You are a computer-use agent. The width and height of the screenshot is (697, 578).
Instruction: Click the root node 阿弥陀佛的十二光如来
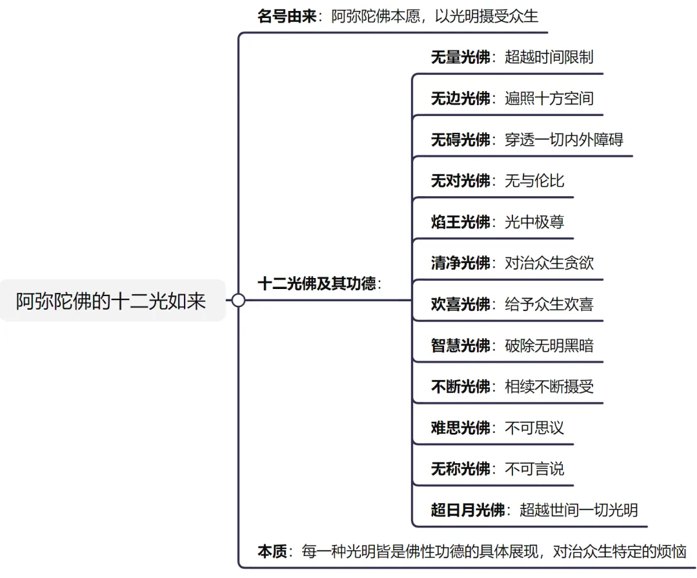tap(111, 301)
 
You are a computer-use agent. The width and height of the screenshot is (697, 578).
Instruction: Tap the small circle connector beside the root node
tap(238, 300)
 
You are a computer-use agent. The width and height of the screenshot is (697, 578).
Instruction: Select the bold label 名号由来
tap(287, 17)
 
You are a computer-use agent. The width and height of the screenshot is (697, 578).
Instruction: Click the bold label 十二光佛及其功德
tap(316, 284)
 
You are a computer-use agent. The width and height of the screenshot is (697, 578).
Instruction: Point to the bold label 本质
tap(272, 552)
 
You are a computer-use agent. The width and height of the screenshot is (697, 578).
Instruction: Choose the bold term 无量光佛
tap(460, 57)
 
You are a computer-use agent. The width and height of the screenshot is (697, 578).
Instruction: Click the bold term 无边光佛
tap(460, 99)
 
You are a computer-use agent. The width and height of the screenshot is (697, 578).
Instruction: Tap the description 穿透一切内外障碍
tap(564, 140)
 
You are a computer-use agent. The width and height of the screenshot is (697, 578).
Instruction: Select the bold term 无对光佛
tap(460, 181)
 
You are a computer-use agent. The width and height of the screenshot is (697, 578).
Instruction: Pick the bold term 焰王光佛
tap(460, 222)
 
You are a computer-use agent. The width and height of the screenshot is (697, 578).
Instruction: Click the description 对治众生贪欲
tap(549, 263)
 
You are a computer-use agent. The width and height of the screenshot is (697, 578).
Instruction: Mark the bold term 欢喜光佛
tap(460, 304)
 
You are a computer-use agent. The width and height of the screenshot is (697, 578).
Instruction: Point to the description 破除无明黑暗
tap(549, 345)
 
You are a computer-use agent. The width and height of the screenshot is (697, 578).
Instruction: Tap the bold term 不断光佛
tap(460, 386)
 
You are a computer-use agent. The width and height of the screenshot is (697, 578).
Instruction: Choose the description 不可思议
tap(534, 427)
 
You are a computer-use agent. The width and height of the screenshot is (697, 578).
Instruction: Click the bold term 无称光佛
tap(460, 468)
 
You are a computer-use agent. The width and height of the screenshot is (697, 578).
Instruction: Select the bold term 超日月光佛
tap(467, 510)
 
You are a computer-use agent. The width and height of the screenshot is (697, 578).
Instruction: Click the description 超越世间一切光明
tap(579, 510)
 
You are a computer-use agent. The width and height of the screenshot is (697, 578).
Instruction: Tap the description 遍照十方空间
tap(549, 99)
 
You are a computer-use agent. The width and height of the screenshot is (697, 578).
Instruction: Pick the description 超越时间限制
tap(549, 57)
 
